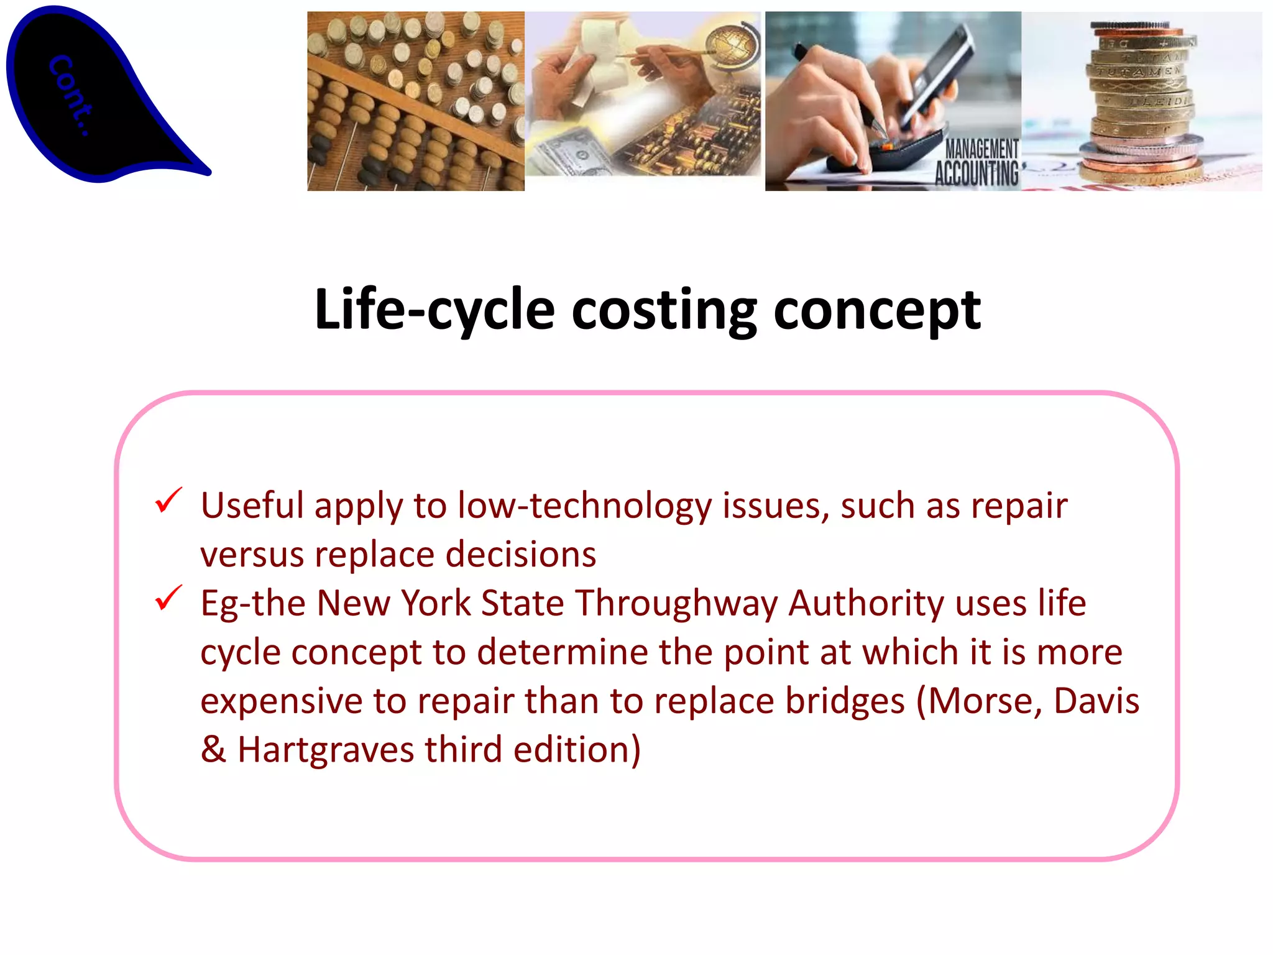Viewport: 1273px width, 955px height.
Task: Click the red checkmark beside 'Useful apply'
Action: coord(168,501)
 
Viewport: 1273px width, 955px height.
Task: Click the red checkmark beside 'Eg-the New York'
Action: coord(168,598)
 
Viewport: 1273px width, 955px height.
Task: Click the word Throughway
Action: coord(677,604)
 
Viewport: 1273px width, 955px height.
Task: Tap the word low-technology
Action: coord(584,506)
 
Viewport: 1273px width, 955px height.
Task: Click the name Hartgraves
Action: coord(326,750)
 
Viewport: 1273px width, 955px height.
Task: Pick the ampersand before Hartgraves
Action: coord(213,750)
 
